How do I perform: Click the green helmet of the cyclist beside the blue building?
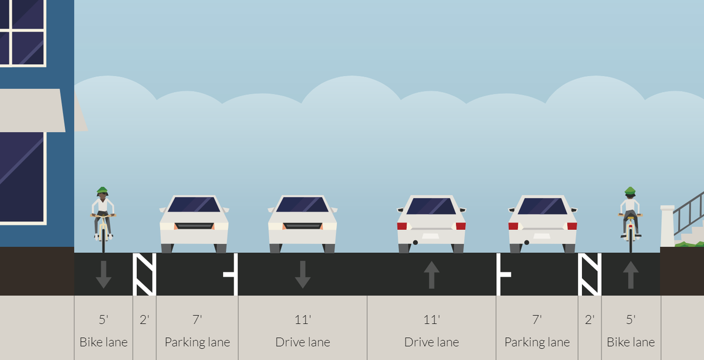(103, 191)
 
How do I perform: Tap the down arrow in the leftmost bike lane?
(103, 274)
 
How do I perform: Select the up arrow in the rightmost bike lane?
(631, 274)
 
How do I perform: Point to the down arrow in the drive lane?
(302, 274)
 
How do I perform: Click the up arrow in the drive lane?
(431, 274)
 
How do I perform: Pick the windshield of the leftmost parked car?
(194, 205)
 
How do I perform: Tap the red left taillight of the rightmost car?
(513, 226)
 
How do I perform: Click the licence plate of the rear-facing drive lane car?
(431, 236)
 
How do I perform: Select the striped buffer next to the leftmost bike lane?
(144, 274)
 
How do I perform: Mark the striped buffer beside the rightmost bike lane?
(590, 274)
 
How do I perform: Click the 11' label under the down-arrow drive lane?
(302, 320)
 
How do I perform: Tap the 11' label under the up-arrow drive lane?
(431, 320)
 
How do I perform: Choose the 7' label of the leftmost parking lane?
(197, 320)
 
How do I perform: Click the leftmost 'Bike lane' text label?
(103, 342)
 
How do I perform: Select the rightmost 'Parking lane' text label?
(537, 342)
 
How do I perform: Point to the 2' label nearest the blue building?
(144, 320)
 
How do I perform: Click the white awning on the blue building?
(32, 110)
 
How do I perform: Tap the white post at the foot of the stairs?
(668, 226)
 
